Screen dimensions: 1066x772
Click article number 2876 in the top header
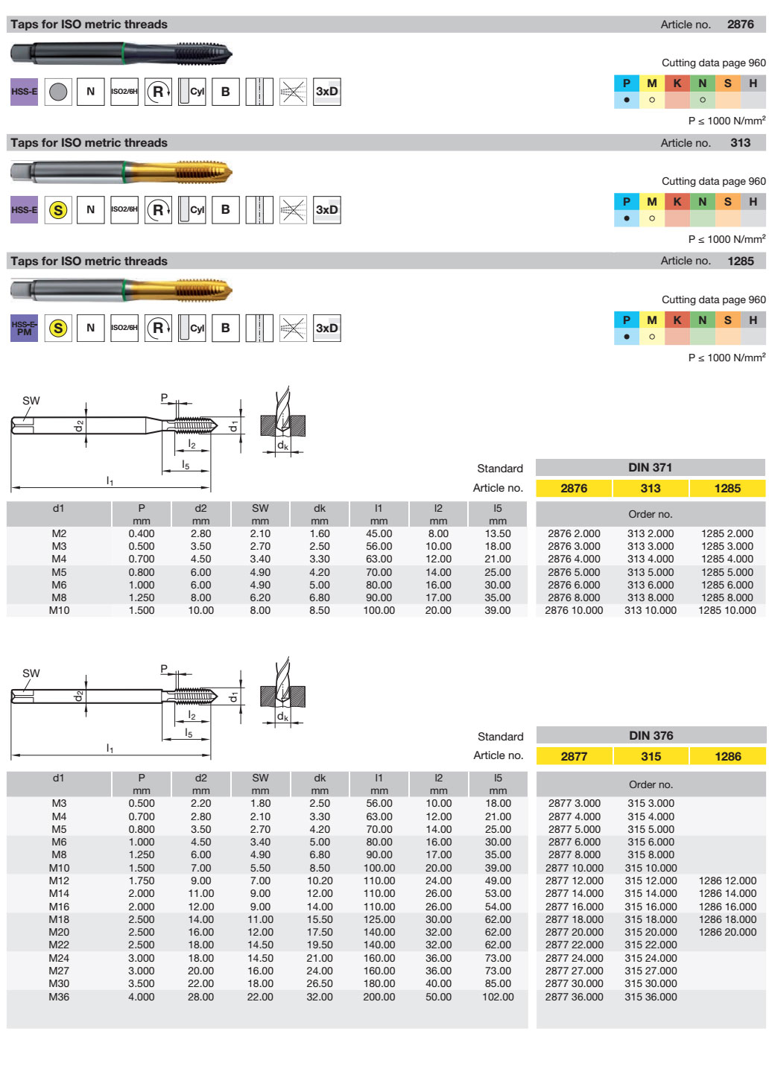coord(740,24)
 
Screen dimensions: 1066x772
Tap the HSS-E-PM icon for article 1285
coord(24,328)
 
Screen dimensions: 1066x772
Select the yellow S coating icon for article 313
coord(58,210)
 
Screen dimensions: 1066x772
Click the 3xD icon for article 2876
coord(327,92)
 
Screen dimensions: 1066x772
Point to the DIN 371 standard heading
coord(650,467)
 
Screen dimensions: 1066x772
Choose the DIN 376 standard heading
coord(651,735)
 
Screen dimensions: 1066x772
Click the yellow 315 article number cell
coord(651,756)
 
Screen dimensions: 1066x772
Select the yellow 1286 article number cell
coord(727,756)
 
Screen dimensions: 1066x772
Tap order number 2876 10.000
coord(574,610)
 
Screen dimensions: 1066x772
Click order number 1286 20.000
coord(727,932)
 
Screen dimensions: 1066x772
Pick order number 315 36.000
coord(651,997)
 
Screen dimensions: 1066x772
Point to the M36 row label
coord(59,997)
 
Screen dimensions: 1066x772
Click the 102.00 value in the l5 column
coord(498,997)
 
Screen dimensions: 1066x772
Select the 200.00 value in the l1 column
coord(379,997)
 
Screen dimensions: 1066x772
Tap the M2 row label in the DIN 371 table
coord(59,533)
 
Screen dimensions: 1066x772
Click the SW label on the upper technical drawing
coord(31,401)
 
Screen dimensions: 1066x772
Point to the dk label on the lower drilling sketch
coord(282,717)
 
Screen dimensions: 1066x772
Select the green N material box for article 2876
coord(702,83)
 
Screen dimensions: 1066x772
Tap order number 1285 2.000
coord(727,533)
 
